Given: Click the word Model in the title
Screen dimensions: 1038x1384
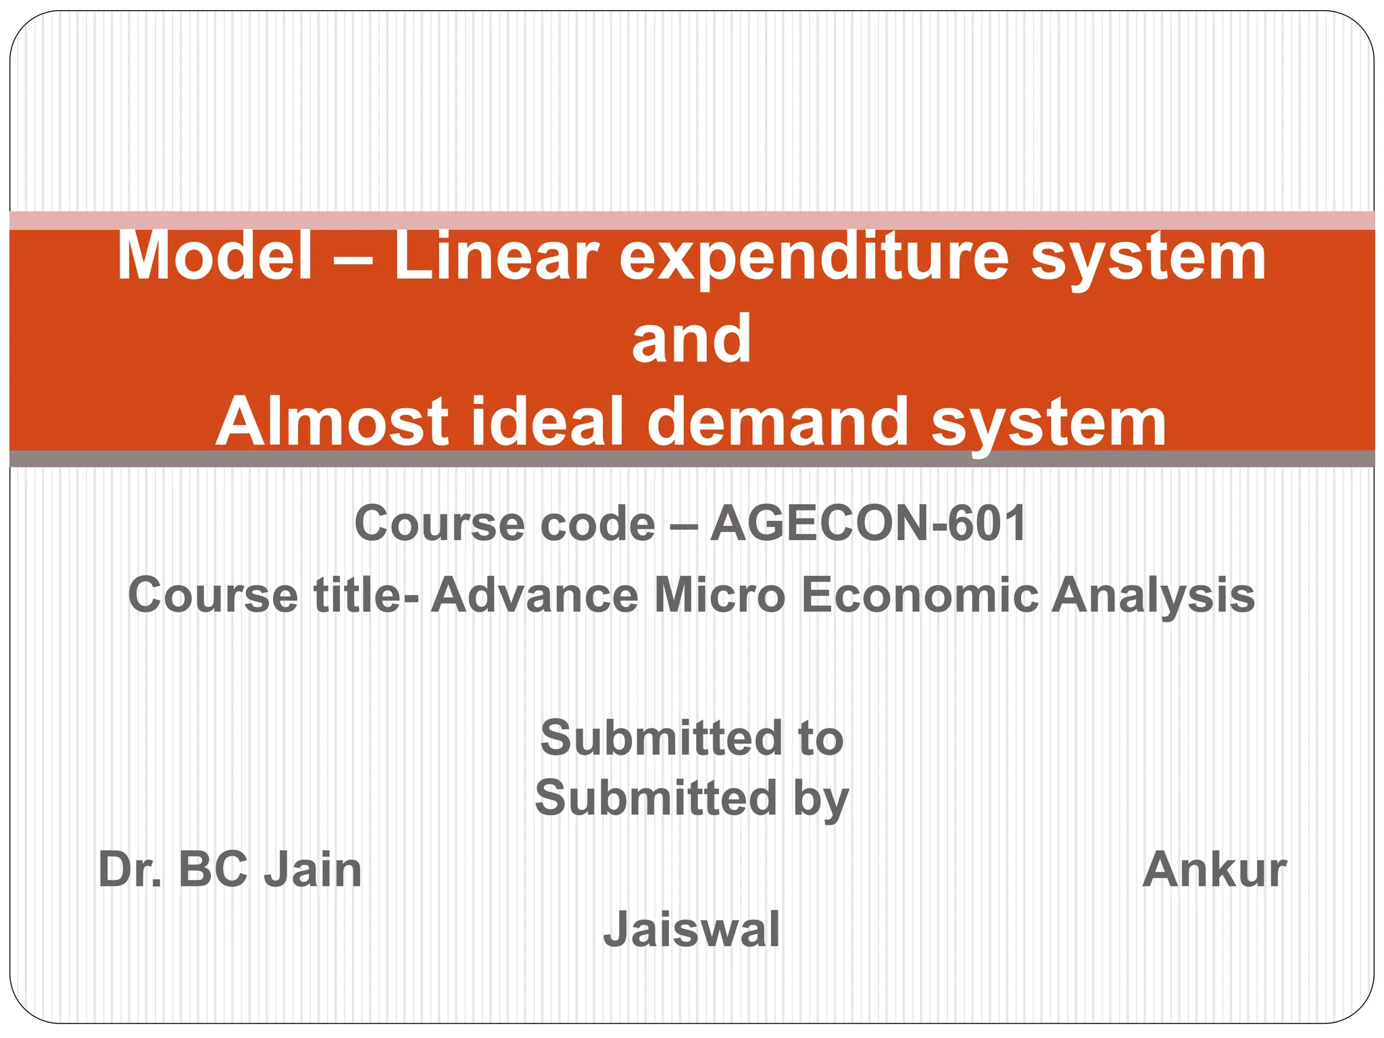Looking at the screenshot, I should [x=215, y=256].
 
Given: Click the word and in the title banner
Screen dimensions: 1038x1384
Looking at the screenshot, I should [x=691, y=339].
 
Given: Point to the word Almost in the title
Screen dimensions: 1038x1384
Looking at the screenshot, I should [x=332, y=422].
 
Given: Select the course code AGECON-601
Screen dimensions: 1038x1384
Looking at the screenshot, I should [x=868, y=524].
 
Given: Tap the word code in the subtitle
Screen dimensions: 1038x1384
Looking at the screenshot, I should [x=597, y=524].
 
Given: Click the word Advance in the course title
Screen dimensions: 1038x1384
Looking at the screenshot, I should [x=535, y=595].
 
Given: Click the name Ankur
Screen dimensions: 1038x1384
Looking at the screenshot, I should [x=1214, y=870].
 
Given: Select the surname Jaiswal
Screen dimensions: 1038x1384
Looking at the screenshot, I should [x=691, y=930].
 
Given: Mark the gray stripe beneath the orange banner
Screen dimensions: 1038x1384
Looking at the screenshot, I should [x=691, y=458].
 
